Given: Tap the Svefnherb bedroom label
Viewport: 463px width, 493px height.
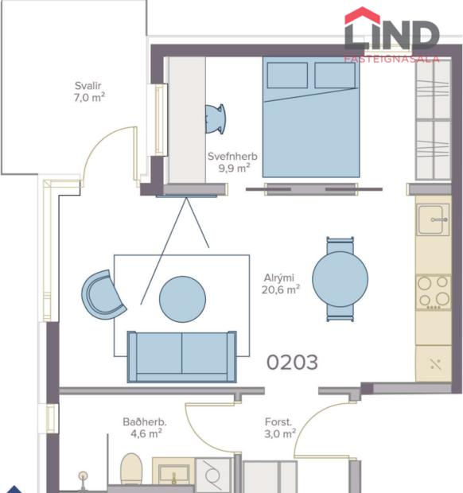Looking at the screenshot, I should tap(232, 156).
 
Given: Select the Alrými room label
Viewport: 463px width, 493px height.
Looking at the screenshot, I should tap(280, 278).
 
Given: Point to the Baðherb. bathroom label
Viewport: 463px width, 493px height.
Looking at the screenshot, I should tap(144, 421).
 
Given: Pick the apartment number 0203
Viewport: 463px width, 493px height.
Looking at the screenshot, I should tap(292, 363).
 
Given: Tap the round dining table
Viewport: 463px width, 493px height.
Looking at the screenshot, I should tap(340, 279).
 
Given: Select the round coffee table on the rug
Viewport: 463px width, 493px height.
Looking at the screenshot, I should tap(183, 299).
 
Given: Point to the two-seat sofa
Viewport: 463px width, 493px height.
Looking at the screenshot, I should tap(182, 355).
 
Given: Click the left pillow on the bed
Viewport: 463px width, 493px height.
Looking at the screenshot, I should tap(287, 76).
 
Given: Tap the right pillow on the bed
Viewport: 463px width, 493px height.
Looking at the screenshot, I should tap(334, 76).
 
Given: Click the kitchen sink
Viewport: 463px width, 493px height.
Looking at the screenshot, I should tap(434, 219).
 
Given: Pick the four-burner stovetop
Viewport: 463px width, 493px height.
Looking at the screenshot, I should tap(434, 292).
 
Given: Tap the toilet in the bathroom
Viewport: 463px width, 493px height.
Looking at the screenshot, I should tap(131, 469).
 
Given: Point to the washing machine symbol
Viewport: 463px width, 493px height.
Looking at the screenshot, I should tap(214, 476).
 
